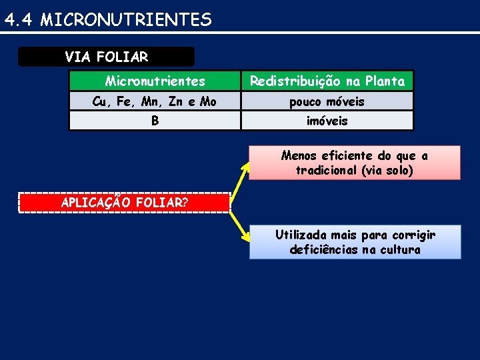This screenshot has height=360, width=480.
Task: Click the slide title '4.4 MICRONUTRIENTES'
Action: (108, 20)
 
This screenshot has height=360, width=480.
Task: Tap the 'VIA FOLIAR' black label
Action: (107, 57)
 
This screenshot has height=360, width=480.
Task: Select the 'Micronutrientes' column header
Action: (155, 81)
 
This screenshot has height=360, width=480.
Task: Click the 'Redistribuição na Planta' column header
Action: (327, 81)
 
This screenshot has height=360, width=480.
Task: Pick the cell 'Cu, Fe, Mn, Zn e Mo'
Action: (155, 101)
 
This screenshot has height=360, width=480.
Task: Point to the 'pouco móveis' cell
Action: (327, 101)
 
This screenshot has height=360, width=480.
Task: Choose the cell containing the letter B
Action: (155, 121)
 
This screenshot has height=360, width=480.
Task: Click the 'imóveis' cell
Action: (327, 121)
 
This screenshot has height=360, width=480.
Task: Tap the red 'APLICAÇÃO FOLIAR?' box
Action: (124, 203)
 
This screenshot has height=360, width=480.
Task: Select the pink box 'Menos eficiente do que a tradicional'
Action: (355, 163)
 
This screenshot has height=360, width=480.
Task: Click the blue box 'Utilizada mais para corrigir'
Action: (355, 242)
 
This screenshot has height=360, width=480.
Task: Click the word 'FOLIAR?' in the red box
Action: (163, 203)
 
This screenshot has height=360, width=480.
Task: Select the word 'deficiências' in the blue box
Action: (322, 250)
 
